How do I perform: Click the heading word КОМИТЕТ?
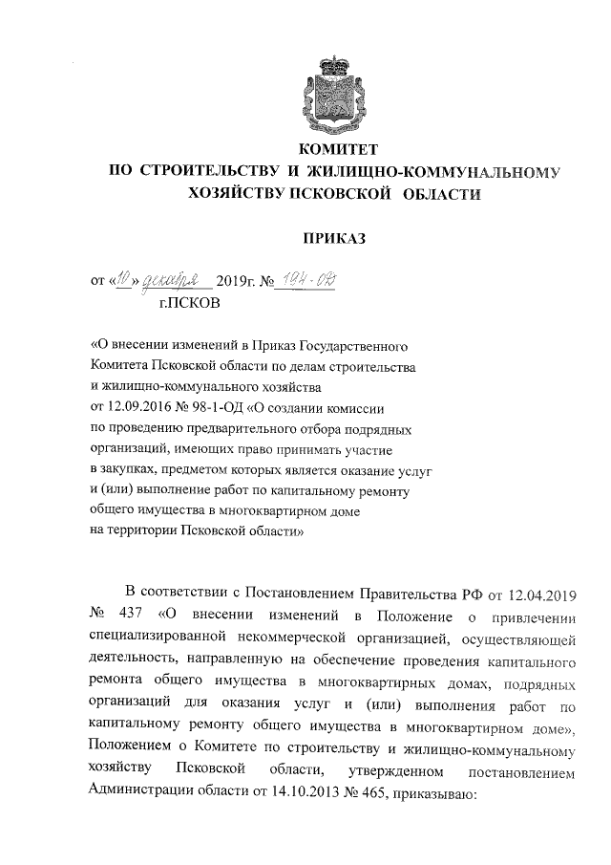tap(340, 150)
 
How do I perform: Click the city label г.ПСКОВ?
tap(187, 304)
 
